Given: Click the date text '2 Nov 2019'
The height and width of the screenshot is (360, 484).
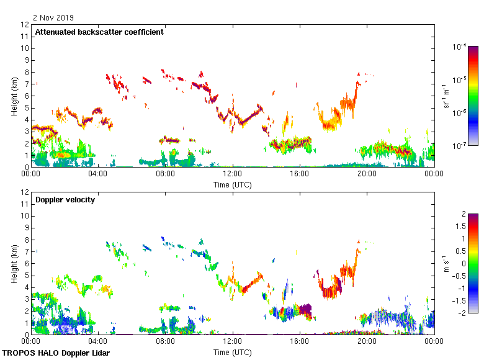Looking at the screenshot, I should [53, 18].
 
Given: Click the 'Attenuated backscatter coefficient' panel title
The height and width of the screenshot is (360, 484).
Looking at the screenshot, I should [99, 32].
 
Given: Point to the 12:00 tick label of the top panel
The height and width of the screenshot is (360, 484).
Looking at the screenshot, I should [233, 174].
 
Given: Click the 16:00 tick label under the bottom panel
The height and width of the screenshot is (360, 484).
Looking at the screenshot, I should [300, 342].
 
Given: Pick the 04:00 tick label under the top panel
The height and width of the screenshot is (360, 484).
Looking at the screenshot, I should [98, 174].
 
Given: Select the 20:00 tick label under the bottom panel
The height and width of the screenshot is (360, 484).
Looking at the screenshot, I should [367, 342].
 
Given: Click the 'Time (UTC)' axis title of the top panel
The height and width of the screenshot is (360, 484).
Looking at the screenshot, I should [233, 184].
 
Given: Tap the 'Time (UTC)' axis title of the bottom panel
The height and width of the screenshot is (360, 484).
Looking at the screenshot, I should [233, 352].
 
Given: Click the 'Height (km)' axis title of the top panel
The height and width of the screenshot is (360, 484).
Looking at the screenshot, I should [14, 96].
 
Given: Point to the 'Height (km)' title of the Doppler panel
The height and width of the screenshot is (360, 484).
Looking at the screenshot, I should [14, 264].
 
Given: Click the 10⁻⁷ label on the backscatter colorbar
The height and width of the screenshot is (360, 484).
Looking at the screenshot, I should [460, 146].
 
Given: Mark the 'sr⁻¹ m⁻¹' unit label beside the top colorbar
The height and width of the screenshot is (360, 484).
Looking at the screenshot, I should [446, 96].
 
